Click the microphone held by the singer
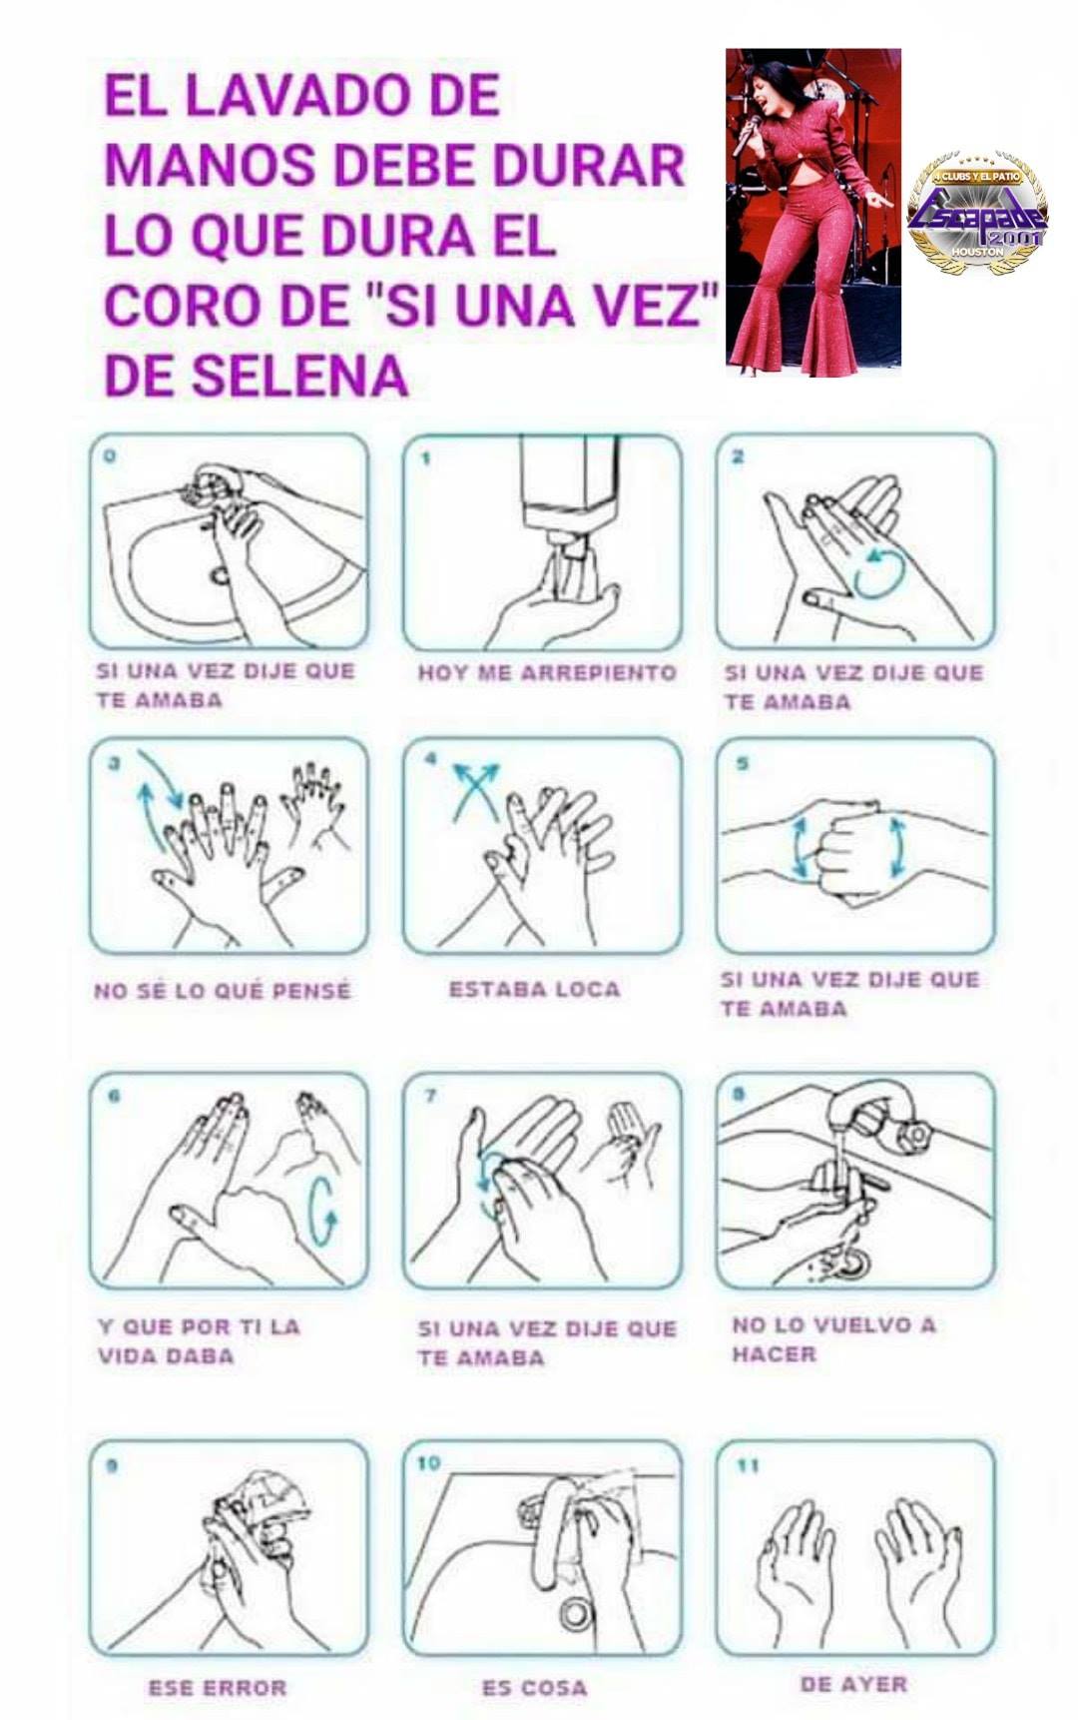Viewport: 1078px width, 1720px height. (747, 134)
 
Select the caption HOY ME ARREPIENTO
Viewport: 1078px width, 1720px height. (546, 673)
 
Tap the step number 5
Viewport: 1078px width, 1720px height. (742, 764)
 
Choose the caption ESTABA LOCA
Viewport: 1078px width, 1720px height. (534, 989)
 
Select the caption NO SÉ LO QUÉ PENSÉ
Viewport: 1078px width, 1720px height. (223, 991)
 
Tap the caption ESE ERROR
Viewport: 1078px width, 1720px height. (218, 1688)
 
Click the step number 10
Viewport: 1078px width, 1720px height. (428, 1463)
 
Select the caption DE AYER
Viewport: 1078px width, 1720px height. (853, 1685)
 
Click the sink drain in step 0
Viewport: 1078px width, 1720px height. (219, 574)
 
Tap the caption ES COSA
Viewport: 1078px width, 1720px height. (534, 1688)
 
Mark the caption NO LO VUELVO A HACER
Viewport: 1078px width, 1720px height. (834, 1339)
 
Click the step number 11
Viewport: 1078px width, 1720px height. (749, 1466)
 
